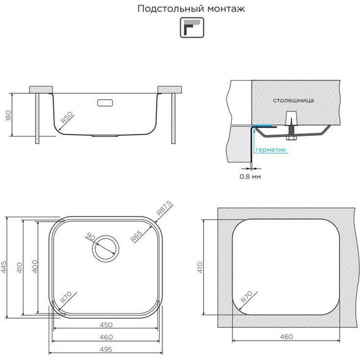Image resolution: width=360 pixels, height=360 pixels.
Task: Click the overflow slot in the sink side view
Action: tap(105, 100)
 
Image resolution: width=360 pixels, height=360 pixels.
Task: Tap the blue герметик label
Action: tap(272, 150)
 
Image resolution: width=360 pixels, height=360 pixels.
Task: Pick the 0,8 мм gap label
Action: tap(251, 176)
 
